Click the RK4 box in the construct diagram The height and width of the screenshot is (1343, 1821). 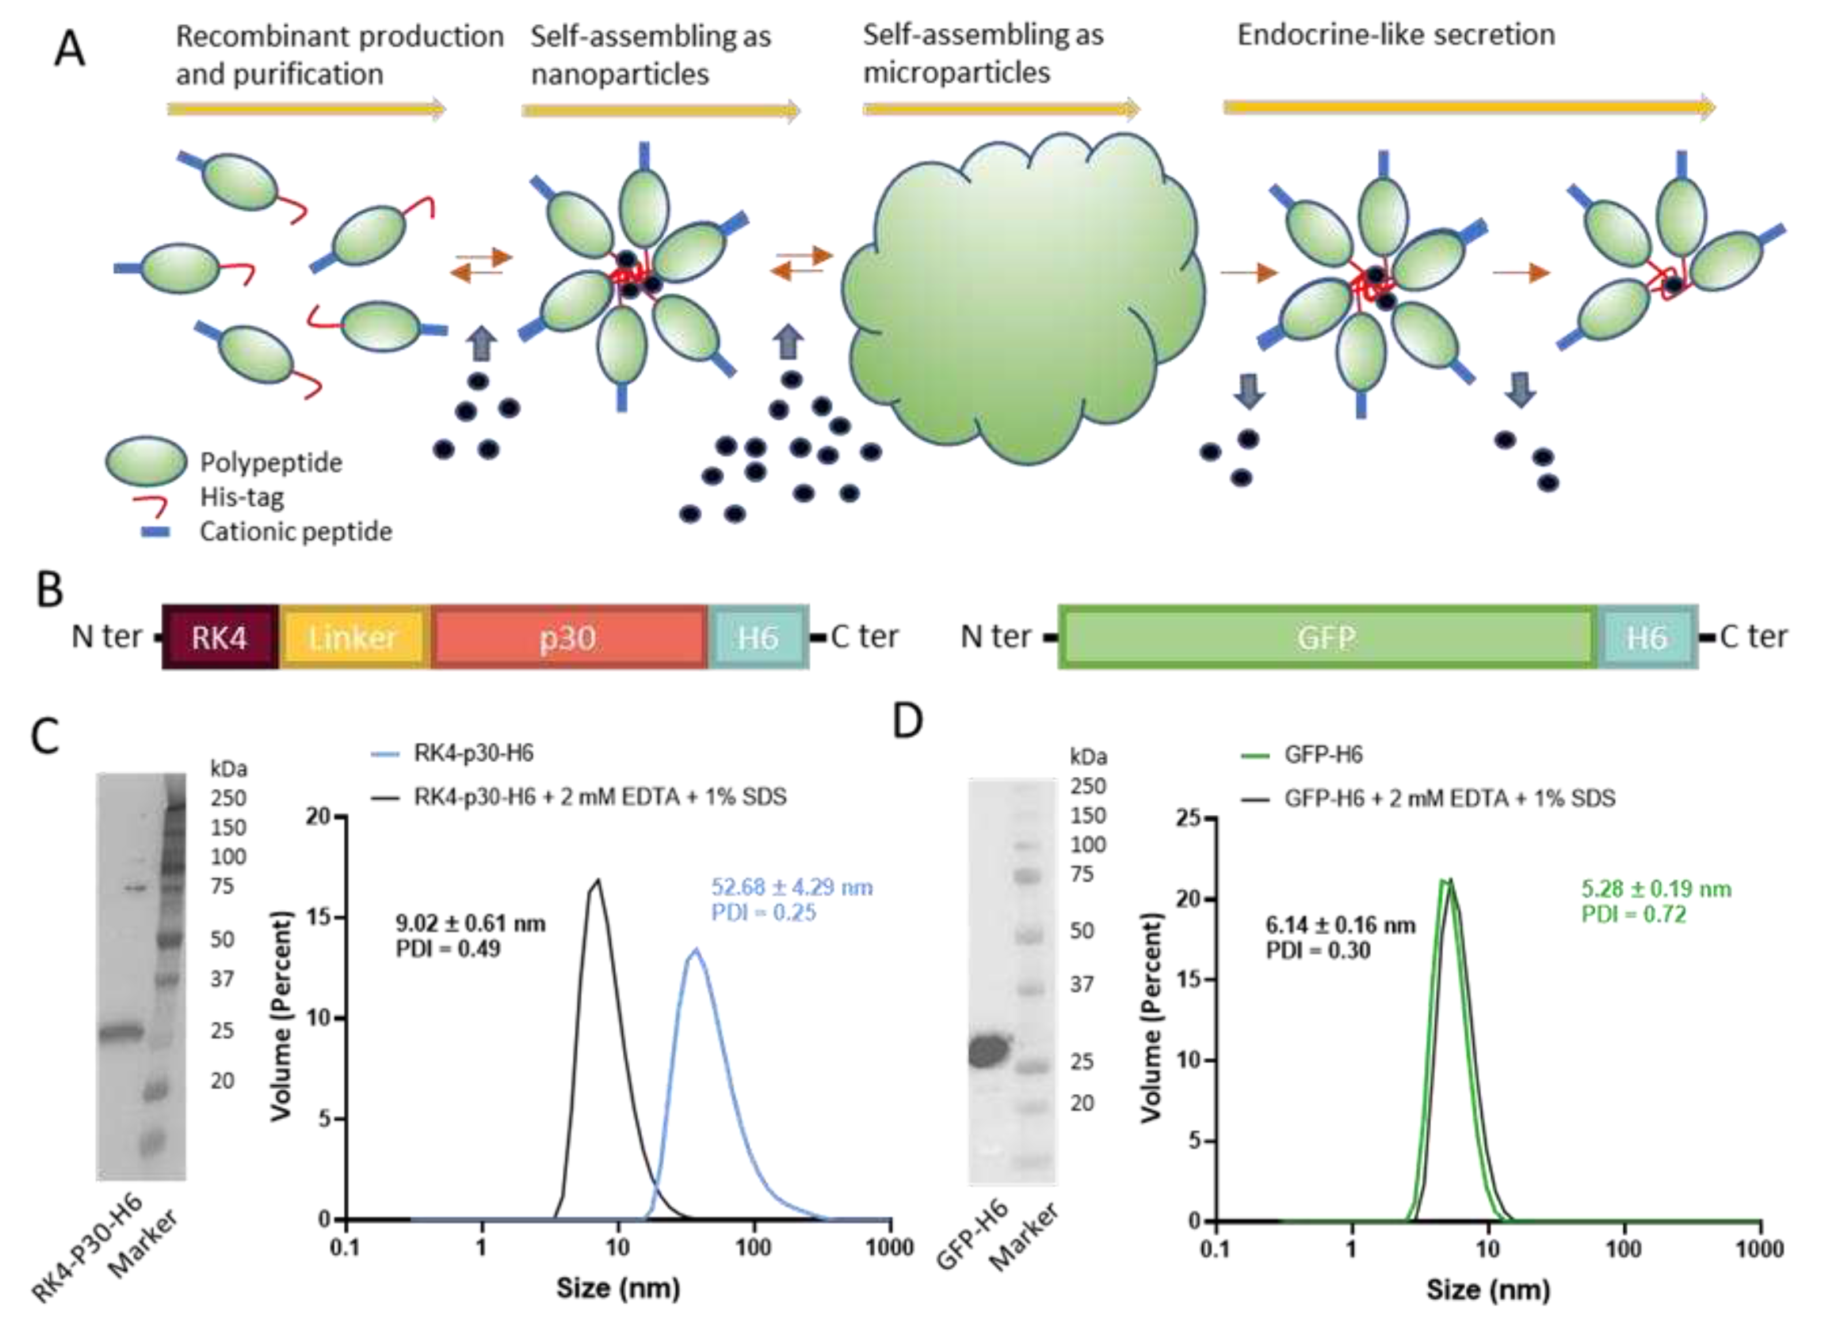pos(220,637)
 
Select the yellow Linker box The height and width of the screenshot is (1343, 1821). pos(353,637)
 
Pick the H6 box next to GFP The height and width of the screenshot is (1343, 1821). pos(1646,637)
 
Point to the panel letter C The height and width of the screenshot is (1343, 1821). pos(46,736)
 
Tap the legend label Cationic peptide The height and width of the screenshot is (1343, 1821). pos(296,532)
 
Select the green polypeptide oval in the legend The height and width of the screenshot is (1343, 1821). pos(146,461)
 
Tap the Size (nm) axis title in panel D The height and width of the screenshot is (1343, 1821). pos(1488,1289)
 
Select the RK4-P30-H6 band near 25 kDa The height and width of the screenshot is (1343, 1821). pos(121,1032)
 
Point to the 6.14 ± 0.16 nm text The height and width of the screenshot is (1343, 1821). pos(1340,925)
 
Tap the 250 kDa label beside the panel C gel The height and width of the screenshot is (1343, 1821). pos(228,798)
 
